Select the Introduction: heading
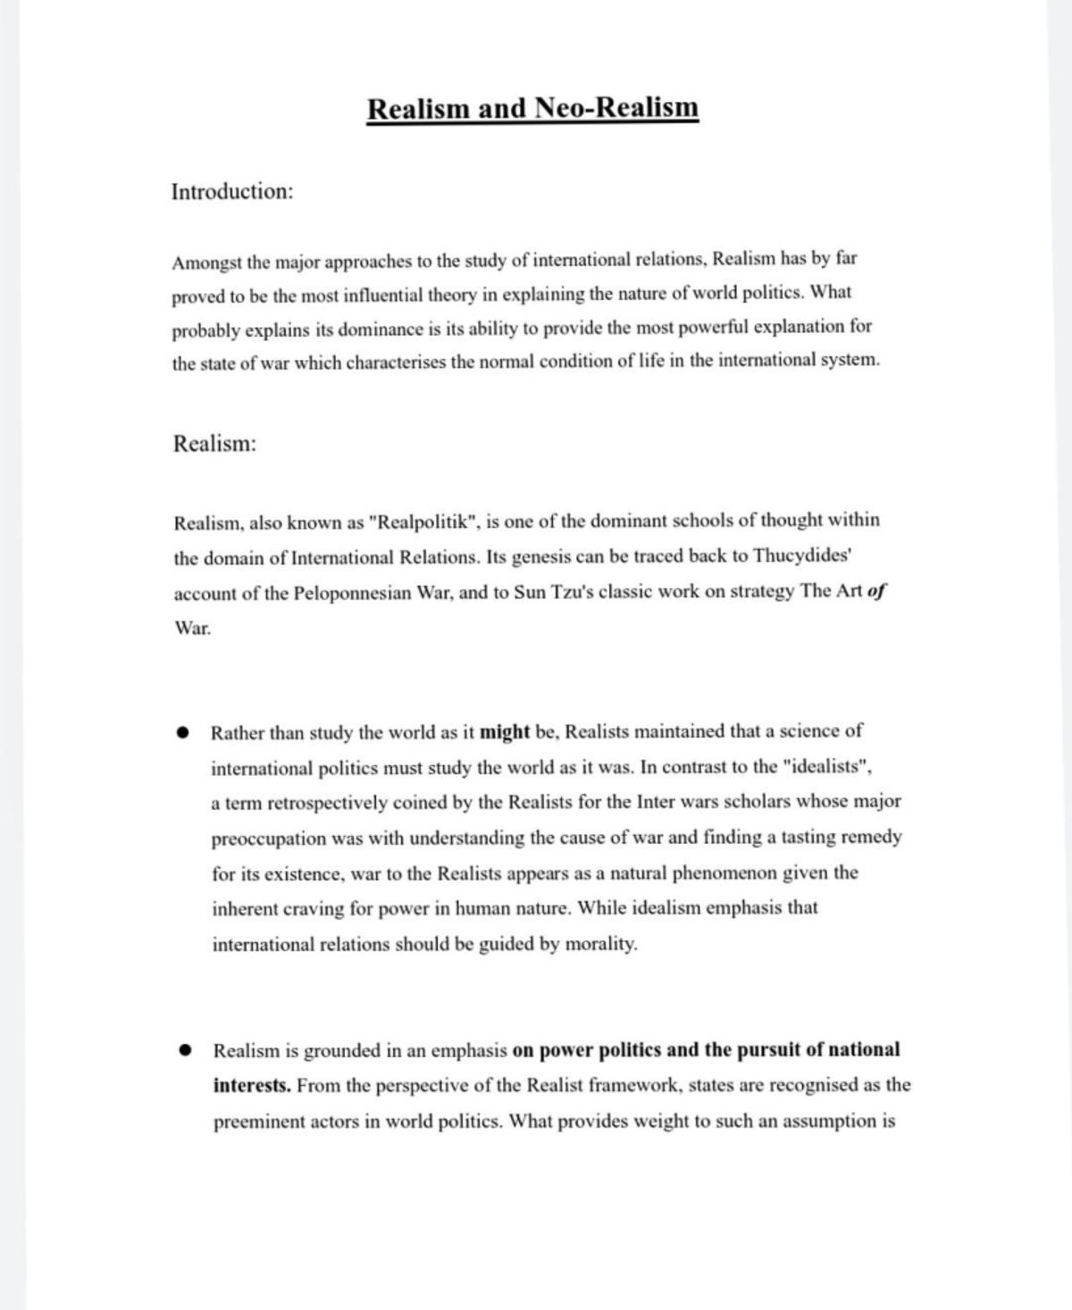pos(232,191)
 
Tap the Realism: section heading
pos(214,443)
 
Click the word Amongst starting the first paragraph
pos(207,263)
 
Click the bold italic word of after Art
pos(876,591)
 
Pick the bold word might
pos(505,732)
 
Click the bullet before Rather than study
pos(184,733)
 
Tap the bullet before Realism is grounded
pos(185,1051)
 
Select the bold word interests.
pos(251,1086)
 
